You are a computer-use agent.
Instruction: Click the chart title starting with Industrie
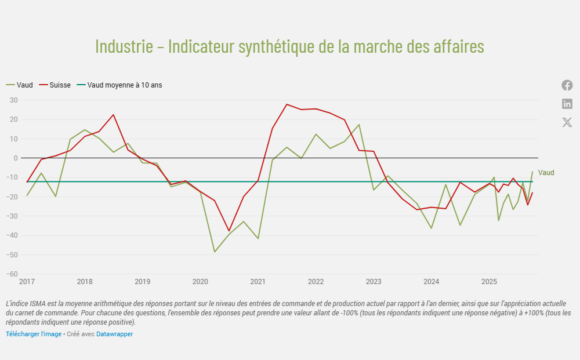289,47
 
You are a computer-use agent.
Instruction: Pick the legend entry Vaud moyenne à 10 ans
124,85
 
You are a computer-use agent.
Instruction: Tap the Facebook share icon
567,85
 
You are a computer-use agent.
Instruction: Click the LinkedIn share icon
567,104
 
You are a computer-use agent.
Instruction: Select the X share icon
567,122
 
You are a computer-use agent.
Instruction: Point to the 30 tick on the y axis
14,100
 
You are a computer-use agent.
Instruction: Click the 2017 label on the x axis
27,282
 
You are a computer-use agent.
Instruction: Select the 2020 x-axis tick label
200,282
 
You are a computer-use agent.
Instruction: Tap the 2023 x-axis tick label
373,282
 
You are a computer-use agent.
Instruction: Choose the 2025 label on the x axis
489,282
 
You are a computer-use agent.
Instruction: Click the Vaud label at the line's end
546,172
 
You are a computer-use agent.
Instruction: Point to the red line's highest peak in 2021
287,104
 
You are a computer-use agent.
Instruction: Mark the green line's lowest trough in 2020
214,252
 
